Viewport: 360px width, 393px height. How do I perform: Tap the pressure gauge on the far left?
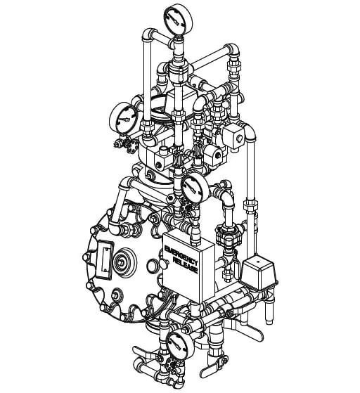pyautogui.click(x=124, y=119)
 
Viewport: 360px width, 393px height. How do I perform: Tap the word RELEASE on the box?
pyautogui.click(x=186, y=266)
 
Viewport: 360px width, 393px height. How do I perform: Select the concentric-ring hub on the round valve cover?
pyautogui.click(x=124, y=262)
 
